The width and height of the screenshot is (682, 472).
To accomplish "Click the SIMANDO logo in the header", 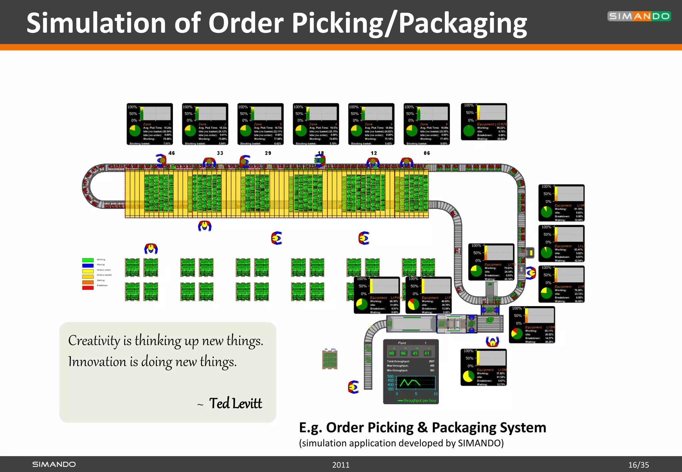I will (x=639, y=16).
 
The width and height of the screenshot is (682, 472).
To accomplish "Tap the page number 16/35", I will (x=638, y=465).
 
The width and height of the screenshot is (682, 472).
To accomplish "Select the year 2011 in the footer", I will (x=341, y=465).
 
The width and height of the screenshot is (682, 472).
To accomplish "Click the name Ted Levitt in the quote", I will (x=235, y=403).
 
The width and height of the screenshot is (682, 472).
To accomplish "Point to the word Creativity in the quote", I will (x=94, y=341).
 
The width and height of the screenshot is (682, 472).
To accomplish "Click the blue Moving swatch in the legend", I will (x=88, y=265).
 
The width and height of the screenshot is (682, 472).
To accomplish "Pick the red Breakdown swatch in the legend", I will (x=88, y=288).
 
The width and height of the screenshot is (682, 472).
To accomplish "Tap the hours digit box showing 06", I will (x=403, y=353).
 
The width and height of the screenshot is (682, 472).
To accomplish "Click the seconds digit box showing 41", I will (x=427, y=353).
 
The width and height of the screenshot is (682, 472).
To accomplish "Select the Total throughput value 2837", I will (x=432, y=361).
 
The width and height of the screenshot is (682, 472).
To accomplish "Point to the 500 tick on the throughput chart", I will (x=390, y=376).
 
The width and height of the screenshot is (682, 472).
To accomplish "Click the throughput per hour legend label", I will (x=420, y=400).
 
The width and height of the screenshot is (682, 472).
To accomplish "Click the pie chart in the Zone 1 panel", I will (x=135, y=130).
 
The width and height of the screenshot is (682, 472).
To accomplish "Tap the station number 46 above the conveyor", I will (x=171, y=153).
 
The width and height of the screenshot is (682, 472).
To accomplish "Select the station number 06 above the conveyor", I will (x=427, y=153).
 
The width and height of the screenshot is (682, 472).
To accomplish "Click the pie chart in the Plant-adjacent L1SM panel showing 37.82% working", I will (x=468, y=376).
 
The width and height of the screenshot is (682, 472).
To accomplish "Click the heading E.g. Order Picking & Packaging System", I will (x=422, y=427).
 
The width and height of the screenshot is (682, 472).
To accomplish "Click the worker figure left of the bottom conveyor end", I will (x=353, y=387).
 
